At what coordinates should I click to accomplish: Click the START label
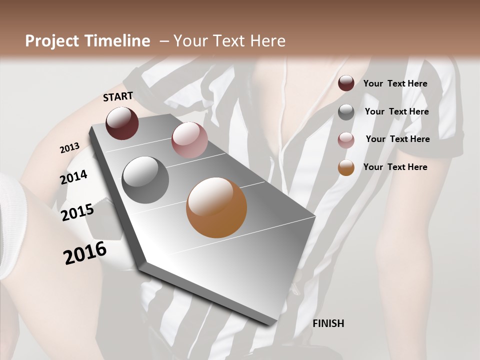point(118,96)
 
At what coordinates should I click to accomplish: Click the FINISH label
point(328,323)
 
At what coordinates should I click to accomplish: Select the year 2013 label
point(69,148)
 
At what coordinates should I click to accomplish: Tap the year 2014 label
point(73,177)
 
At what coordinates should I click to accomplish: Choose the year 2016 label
point(85,253)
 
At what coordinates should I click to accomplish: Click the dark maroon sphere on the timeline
point(122,123)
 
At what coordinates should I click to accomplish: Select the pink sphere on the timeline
point(189,140)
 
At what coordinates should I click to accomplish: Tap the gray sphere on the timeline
point(145,179)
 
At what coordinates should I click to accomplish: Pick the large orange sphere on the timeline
point(216,207)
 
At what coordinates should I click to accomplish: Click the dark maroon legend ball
point(346,83)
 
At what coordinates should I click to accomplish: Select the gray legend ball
point(346,112)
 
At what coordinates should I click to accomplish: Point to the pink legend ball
point(346,140)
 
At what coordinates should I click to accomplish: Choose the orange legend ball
point(346,167)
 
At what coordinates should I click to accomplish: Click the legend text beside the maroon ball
point(395,83)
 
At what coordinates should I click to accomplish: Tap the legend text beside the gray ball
point(396,111)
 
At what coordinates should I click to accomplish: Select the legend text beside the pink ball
point(397,139)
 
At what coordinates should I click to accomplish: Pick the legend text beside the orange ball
point(395,167)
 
